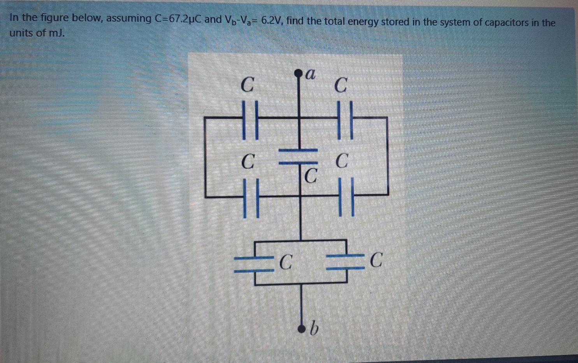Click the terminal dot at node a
[x=299, y=73]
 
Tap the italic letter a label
[x=310, y=74]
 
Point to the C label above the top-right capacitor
[x=341, y=85]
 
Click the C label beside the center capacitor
[x=310, y=176]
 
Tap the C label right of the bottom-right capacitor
[x=376, y=260]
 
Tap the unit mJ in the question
[x=56, y=33]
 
